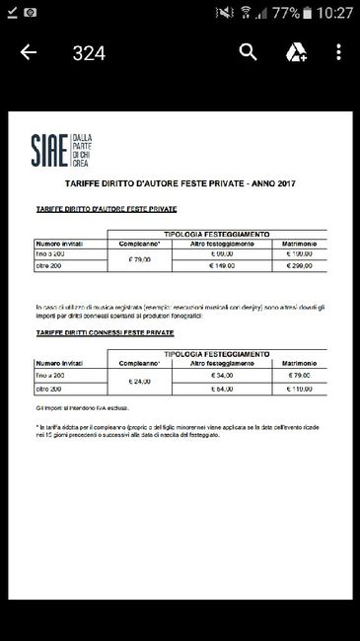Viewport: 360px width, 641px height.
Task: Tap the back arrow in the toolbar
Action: [28, 52]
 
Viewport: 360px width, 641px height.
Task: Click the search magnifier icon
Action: [249, 52]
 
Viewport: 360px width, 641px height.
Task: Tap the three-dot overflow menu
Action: [338, 52]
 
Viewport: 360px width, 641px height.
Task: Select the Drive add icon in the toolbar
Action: [295, 52]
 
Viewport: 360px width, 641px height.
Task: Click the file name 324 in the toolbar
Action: [89, 53]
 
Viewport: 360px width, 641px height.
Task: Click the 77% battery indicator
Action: [287, 13]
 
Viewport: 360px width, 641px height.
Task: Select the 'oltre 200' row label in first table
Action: [50, 265]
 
